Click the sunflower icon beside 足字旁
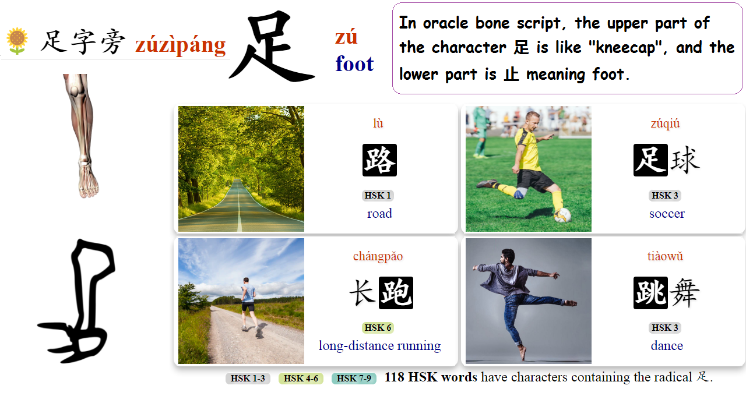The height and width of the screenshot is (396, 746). click(17, 41)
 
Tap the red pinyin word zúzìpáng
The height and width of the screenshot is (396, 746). click(180, 45)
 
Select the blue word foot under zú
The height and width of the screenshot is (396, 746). click(354, 63)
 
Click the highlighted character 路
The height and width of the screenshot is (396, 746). click(379, 160)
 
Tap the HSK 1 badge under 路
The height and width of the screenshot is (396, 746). click(378, 195)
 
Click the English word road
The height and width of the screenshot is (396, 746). click(379, 213)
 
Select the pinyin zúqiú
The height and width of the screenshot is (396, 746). click(665, 123)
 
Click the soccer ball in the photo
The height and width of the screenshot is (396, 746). click(562, 215)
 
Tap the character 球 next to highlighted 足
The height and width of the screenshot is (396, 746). click(684, 160)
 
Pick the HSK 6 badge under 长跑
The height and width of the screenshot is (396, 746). click(378, 327)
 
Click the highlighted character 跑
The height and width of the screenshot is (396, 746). click(396, 292)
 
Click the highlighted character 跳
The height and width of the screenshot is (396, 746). click(650, 292)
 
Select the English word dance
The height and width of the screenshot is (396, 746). click(667, 345)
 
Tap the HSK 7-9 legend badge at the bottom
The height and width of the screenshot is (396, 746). click(354, 378)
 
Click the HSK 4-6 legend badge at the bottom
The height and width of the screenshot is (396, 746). click(301, 378)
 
